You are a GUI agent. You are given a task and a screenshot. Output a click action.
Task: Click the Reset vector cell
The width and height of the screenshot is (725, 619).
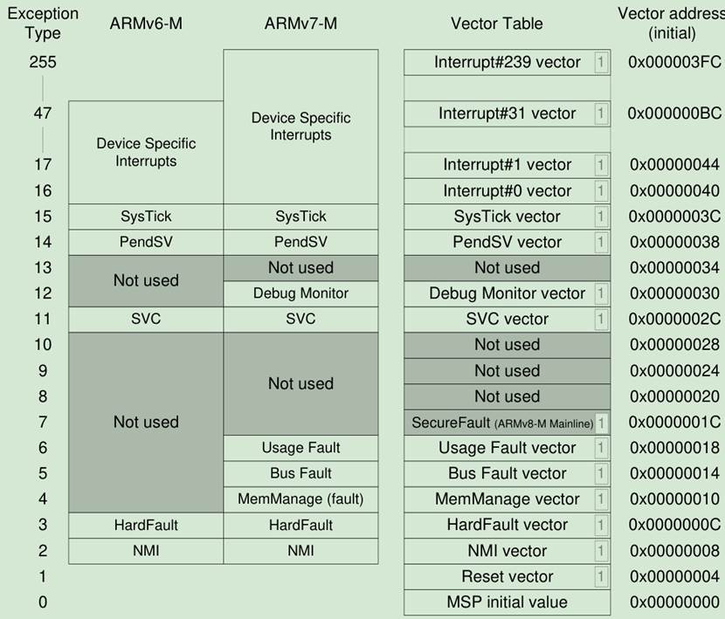click(507, 576)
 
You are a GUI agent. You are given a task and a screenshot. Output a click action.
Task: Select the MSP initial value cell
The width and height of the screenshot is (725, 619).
click(507, 602)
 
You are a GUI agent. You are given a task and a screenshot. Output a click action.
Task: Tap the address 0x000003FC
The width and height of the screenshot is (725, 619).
click(673, 62)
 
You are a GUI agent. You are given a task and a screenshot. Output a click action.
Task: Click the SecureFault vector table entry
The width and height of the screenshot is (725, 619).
click(502, 423)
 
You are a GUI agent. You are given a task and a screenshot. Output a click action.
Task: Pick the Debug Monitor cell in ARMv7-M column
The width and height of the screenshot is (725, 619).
click(300, 293)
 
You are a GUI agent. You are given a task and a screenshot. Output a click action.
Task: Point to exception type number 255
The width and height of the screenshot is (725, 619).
click(43, 62)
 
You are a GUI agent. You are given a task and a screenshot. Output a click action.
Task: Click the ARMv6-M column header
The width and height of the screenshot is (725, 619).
click(146, 24)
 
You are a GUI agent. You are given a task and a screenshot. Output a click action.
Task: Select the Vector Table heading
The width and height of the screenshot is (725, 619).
click(496, 24)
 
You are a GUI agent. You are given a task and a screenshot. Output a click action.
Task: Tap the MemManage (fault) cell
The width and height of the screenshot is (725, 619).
click(300, 499)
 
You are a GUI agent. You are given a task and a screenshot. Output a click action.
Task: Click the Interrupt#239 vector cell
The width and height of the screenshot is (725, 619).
click(507, 62)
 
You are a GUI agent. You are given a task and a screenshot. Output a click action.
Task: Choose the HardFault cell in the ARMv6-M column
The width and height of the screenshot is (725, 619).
click(146, 525)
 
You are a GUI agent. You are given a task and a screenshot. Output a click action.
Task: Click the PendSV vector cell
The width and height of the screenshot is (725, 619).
click(507, 242)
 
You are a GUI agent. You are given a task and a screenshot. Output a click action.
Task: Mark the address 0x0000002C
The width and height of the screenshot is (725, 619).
click(673, 319)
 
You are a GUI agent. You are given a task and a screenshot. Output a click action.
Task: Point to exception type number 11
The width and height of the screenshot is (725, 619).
click(43, 319)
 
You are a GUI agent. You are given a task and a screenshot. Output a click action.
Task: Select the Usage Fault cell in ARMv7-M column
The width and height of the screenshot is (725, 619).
click(300, 448)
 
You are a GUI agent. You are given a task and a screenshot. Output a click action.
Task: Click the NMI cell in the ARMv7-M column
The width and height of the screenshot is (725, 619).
click(300, 551)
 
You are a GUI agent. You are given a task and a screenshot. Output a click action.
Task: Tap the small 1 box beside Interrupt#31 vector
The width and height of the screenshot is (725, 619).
click(601, 113)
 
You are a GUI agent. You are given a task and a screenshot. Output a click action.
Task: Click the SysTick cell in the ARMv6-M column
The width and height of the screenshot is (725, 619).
click(146, 217)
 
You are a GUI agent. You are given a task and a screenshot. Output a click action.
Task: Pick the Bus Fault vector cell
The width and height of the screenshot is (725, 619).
click(507, 473)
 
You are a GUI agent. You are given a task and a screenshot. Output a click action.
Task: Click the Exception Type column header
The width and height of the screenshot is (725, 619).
click(43, 24)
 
